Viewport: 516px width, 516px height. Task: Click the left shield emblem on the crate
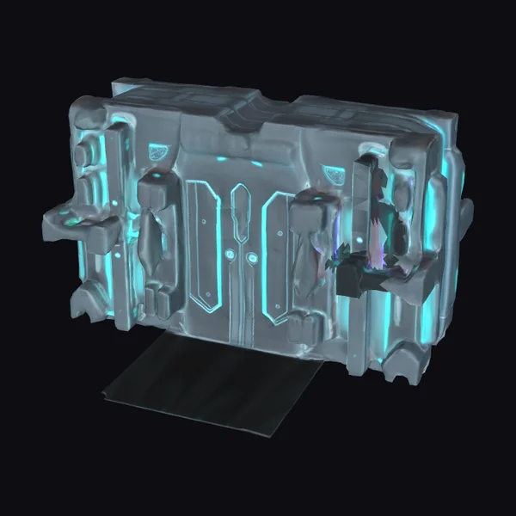click(x=157, y=152)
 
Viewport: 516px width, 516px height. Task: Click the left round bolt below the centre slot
click(x=230, y=255)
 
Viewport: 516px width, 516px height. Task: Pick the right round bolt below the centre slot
click(x=250, y=257)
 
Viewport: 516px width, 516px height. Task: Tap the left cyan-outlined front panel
click(x=206, y=245)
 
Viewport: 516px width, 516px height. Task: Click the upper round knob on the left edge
click(x=84, y=156)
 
